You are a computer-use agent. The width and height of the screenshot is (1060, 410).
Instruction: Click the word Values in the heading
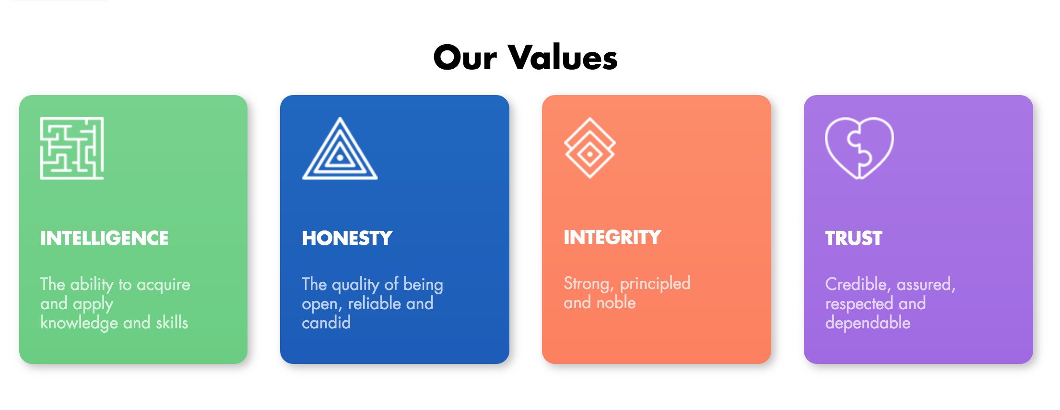coord(563,57)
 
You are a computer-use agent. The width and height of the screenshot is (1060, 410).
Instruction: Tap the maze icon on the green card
coord(72,148)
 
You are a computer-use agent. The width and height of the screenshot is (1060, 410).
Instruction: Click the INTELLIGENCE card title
coord(105,238)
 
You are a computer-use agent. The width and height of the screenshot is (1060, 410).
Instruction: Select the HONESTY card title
coord(347,238)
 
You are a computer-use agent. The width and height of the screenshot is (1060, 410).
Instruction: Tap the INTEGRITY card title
coord(612,237)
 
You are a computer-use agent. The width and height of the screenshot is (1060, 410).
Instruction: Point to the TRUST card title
coord(854,238)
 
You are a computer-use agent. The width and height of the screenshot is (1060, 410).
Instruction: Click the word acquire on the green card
coord(164,285)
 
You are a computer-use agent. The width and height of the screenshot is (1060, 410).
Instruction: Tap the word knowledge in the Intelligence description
coord(79,323)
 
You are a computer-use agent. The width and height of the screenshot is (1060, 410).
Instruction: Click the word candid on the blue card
coord(326,323)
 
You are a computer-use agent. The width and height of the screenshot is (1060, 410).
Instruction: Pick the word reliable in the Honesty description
coord(375,303)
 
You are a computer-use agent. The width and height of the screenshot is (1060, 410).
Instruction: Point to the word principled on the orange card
coord(655,284)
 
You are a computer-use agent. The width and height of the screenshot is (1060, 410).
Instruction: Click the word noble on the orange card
coord(616,302)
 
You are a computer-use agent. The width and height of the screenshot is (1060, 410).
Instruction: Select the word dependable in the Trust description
coord(868,323)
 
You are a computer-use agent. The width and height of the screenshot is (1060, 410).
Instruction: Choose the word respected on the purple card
coord(859,304)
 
